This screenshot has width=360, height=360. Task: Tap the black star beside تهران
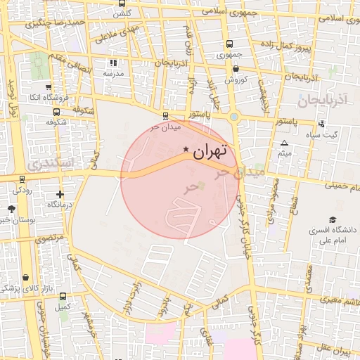coord(186,149)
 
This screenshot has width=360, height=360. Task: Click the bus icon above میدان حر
coord(165,116)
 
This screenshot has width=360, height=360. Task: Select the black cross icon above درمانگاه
coord(60,194)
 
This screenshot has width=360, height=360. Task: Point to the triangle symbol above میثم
coord(284,143)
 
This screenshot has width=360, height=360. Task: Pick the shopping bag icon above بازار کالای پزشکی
coord(26,278)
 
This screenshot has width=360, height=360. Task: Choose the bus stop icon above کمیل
coord(63,296)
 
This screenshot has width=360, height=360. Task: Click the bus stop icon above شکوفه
coord(56,111)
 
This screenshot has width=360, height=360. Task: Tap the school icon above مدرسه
coord(110,63)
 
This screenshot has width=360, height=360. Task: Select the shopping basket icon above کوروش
coord(235,69)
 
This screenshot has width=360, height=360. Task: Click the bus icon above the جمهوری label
coord(229,43)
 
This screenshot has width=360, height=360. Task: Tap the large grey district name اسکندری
coord(49,162)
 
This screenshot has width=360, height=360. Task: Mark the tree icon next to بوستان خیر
coord(11,209)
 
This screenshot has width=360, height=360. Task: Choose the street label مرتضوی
coord(50,238)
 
